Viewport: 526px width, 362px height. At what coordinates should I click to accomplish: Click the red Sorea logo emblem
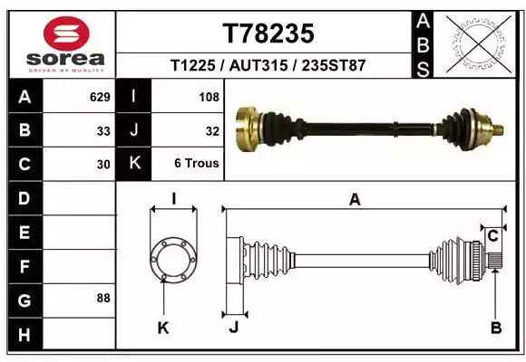66,33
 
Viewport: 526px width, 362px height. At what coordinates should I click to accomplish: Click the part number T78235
268,33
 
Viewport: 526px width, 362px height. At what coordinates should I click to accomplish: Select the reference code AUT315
258,65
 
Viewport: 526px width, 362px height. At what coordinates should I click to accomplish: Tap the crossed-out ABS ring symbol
479,44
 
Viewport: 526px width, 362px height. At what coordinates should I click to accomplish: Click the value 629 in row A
100,97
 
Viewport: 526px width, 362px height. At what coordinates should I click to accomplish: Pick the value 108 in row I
209,97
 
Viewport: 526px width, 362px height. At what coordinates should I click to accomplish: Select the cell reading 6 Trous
197,164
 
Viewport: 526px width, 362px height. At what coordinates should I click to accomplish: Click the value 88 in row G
103,298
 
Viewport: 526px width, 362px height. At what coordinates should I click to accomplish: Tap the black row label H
25,335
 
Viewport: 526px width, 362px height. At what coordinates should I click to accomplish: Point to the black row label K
134,164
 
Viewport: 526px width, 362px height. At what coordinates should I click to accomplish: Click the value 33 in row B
103,131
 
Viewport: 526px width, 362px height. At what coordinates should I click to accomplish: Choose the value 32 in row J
212,131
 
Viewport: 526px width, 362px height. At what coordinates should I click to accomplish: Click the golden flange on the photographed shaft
248,129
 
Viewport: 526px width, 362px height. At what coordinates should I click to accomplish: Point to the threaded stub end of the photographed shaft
498,129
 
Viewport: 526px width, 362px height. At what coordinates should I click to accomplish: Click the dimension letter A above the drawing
355,200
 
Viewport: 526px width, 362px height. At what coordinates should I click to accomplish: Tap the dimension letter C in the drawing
492,236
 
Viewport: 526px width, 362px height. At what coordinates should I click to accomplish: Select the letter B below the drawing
496,328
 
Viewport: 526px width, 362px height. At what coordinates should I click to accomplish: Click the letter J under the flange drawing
234,327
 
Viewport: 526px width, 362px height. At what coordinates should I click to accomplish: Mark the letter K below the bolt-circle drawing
163,328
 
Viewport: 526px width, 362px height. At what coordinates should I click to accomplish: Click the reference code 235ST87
334,65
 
